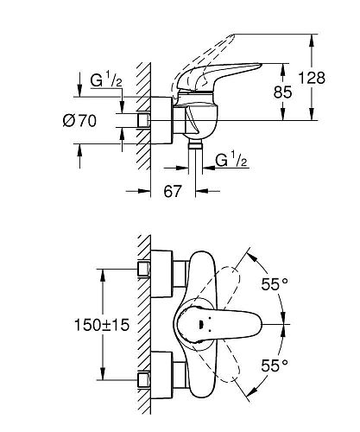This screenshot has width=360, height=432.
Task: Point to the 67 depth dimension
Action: [173, 191]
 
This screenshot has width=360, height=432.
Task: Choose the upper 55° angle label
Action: [275, 284]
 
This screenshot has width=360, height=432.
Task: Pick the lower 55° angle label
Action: [275, 366]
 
